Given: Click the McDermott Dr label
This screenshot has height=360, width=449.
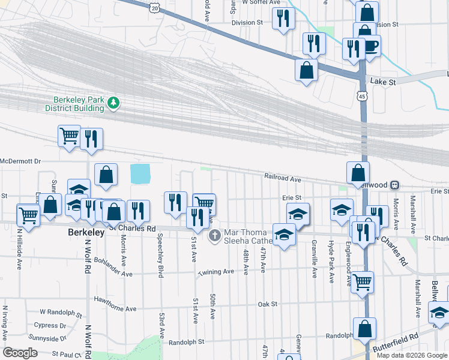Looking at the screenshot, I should [x=20, y=161].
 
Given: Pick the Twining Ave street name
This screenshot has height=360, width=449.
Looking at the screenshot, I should [x=216, y=272].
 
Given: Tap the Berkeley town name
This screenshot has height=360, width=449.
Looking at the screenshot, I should [x=85, y=231].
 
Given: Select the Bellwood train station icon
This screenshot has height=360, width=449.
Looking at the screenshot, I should [x=396, y=185].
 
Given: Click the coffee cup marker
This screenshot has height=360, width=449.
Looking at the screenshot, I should [x=370, y=46].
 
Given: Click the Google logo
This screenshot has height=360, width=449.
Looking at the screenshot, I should [x=20, y=353].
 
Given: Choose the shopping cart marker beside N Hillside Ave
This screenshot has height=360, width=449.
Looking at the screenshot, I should [x=28, y=214].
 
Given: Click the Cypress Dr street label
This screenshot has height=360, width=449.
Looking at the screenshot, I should [x=50, y=326].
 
